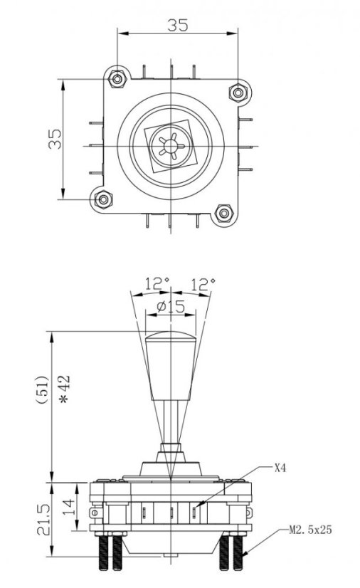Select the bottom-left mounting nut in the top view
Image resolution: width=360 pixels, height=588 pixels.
(105, 199)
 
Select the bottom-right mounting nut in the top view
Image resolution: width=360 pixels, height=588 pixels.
(223, 214)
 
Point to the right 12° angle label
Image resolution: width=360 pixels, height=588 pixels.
(203, 283)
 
